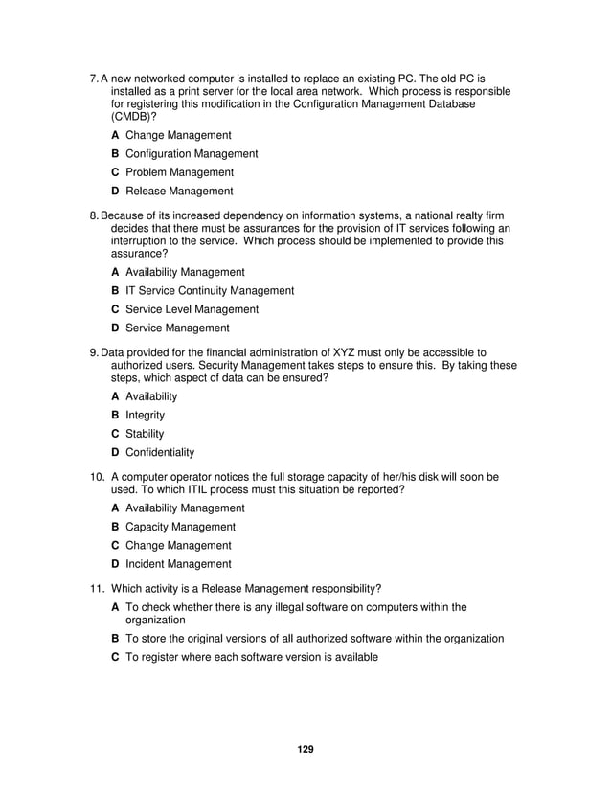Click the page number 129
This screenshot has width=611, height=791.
pos(305,748)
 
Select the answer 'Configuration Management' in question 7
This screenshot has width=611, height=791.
pos(192,154)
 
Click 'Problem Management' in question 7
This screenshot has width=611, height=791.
pos(179,172)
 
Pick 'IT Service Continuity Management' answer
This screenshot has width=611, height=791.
pos(210,291)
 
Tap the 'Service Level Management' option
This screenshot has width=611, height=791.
pos(192,309)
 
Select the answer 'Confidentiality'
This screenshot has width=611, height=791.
pos(160,452)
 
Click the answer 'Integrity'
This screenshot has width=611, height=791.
pos(146,415)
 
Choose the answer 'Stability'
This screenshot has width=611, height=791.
pos(145,434)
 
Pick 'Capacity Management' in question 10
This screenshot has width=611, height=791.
pos(180,527)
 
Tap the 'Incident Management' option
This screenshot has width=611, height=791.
pos(178,564)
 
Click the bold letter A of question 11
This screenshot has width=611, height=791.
pos(115,607)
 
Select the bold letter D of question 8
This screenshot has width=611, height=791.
pos(115,328)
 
